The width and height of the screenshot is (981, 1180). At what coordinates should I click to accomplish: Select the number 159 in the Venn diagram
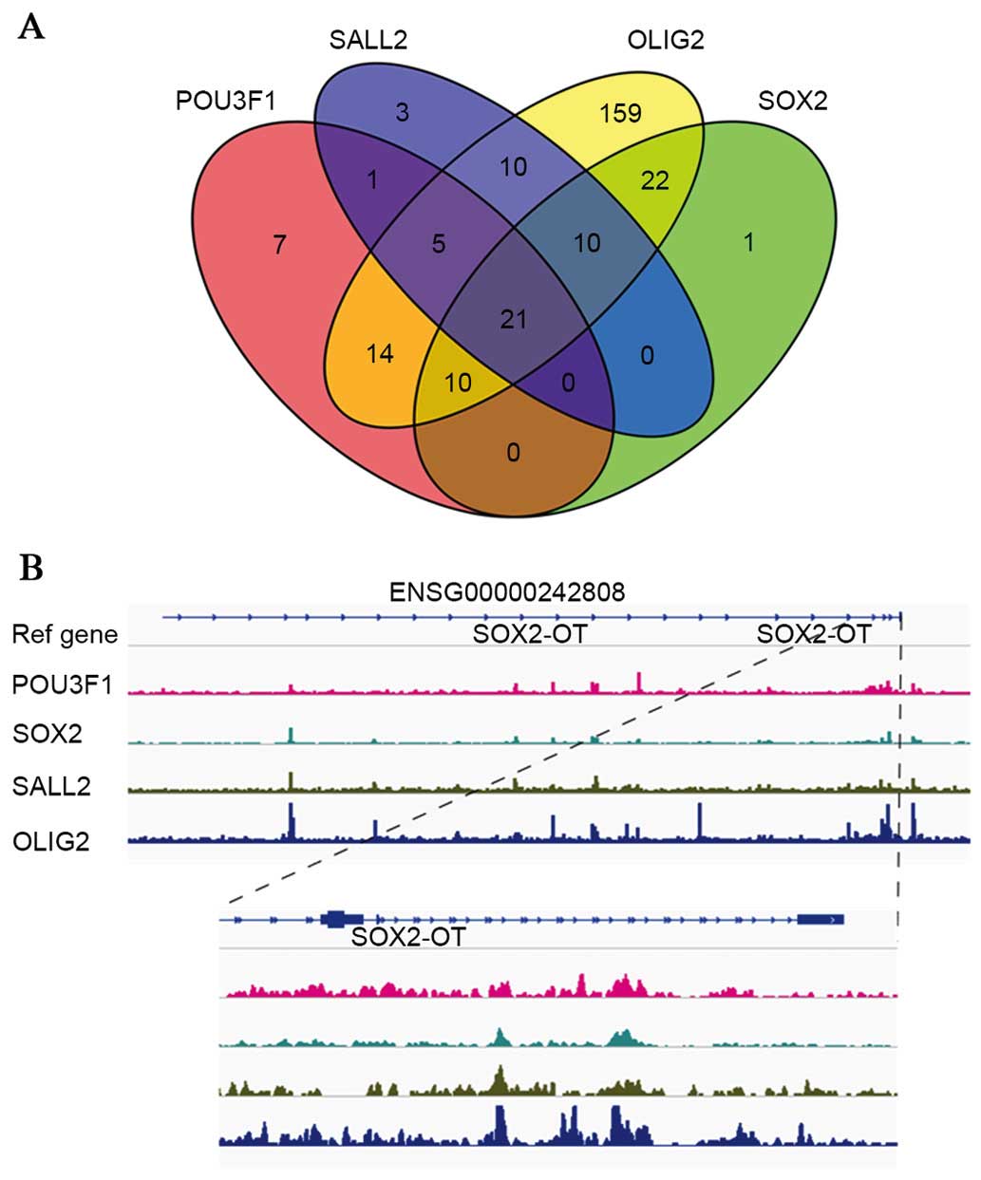tap(621, 114)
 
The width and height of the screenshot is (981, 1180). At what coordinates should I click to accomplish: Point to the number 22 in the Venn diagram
tap(654, 180)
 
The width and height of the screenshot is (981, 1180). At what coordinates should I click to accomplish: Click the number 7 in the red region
tap(279, 245)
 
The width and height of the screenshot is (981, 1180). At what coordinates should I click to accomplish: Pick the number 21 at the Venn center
tap(513, 319)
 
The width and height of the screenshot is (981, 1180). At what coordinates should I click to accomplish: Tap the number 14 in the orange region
tap(380, 354)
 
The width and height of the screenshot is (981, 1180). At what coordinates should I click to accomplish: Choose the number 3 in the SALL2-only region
tap(402, 113)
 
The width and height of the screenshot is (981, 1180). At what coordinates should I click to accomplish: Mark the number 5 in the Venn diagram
tap(438, 245)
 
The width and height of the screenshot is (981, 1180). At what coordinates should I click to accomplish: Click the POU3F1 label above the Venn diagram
tap(225, 100)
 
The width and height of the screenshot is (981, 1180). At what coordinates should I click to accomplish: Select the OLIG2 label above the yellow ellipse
tap(666, 41)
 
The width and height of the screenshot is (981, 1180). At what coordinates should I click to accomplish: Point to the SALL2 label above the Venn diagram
tap(368, 41)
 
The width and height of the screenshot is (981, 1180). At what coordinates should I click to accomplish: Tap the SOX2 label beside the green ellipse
tap(792, 100)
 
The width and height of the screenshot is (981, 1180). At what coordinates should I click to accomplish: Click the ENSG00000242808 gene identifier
tap(507, 592)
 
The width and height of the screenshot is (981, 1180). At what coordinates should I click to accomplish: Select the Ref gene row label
tap(65, 634)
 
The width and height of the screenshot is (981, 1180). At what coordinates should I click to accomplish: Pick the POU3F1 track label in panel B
tap(62, 684)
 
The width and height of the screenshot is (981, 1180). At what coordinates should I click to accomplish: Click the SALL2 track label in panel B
tap(51, 786)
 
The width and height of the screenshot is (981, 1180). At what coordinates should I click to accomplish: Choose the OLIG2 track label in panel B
tap(51, 840)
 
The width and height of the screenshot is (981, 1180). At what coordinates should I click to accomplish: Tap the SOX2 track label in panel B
tap(47, 733)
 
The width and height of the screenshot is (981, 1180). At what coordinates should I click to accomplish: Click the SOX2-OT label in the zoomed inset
tap(408, 938)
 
